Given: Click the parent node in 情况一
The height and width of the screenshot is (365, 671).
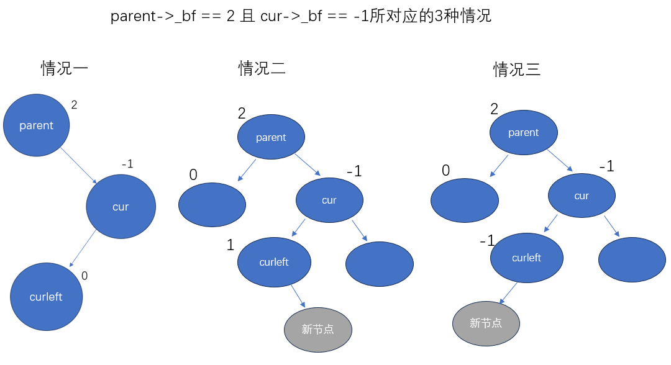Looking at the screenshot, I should [37, 125].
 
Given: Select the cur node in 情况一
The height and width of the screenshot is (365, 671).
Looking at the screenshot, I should [121, 207].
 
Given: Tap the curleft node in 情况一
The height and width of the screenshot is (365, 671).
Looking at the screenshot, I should [47, 297].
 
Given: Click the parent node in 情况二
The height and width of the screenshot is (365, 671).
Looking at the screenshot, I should [271, 137].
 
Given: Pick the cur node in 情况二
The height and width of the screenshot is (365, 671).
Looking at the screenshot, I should [329, 200].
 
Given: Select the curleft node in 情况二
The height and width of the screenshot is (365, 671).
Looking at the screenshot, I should [274, 262].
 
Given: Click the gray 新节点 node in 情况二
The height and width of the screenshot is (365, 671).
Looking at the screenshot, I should [318, 329].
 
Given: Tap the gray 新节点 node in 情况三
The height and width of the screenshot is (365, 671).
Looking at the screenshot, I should [486, 323].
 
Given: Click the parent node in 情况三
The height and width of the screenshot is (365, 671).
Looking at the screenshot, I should [524, 132].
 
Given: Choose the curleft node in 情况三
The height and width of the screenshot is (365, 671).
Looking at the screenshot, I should [527, 258].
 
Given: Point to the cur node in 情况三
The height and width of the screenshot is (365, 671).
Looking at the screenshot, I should [582, 196].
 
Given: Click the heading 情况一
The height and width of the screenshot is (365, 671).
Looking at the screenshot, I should [65, 68].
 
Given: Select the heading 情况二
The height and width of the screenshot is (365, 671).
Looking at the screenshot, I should [262, 68].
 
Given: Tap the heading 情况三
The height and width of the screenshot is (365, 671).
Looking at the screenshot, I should [517, 69].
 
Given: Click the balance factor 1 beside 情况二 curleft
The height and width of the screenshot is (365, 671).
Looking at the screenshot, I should [231, 245].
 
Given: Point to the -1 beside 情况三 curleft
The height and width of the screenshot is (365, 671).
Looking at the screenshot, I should [486, 240].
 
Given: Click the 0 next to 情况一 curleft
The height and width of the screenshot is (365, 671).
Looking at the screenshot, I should [85, 275].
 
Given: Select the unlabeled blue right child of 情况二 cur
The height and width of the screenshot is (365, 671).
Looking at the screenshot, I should [380, 264].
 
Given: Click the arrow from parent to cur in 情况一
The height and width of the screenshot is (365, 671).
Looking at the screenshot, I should [78, 164].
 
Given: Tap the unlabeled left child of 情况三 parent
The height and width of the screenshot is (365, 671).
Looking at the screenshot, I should [465, 201].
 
